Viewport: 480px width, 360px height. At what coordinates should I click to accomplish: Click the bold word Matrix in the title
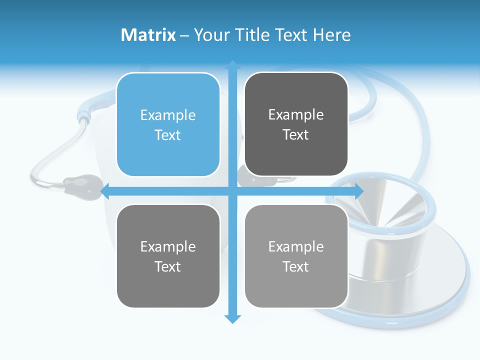click(148, 35)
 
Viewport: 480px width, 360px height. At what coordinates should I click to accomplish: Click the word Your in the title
click(210, 35)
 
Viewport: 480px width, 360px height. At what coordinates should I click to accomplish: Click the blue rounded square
click(168, 124)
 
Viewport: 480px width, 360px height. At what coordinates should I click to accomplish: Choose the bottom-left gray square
click(168, 256)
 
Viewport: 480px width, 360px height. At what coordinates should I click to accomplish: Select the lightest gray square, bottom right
click(296, 256)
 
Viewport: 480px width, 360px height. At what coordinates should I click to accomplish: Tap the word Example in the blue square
click(168, 115)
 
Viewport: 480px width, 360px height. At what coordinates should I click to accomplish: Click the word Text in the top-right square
click(296, 135)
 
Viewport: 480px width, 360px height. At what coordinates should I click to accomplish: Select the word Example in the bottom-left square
click(168, 247)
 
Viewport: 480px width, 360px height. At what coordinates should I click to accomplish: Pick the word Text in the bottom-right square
click(296, 267)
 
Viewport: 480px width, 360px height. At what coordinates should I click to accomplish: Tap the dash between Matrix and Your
click(185, 35)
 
